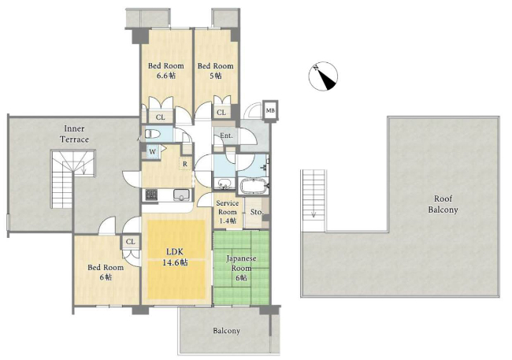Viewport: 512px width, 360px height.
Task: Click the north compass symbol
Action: pos(323,76)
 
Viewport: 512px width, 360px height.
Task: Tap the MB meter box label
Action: pos(270,111)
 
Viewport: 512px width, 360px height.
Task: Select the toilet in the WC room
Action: pos(151,134)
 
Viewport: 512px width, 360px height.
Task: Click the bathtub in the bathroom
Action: pos(254,186)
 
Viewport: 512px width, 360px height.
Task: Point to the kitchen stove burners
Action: pos(151,195)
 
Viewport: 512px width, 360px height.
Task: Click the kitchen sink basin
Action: pos(180,195)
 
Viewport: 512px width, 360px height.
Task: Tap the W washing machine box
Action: pos(153,152)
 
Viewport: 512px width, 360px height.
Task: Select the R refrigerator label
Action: pos(185,164)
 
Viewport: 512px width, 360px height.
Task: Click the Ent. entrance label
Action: pos(227,135)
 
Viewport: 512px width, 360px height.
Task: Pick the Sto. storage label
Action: pos(257,212)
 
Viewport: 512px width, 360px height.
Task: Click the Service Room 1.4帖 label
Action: pos(228,212)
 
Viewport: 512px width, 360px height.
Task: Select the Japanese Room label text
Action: pos(241,263)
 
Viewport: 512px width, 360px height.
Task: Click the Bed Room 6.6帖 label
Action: pos(166,71)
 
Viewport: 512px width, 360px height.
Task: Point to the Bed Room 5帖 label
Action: pos(216,71)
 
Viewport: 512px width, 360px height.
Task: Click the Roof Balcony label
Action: pos(443,204)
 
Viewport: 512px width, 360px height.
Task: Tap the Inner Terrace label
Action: pos(74,134)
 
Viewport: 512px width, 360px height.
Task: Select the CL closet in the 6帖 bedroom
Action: pos(131,242)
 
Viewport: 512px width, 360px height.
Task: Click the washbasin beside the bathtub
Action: pos(224,184)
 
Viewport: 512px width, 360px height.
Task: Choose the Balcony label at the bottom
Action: pos(227,331)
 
